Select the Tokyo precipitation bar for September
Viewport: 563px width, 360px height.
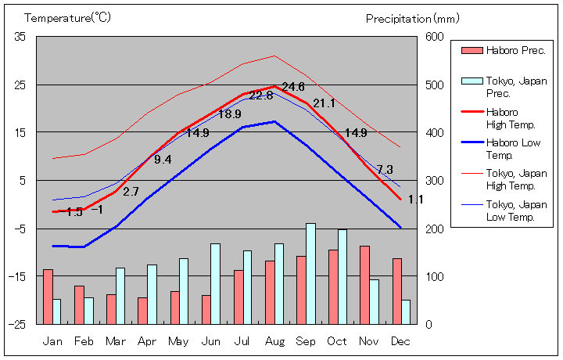tap(310, 273)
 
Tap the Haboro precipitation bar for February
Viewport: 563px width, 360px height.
tap(79, 304)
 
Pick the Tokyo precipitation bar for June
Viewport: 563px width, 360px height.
tap(215, 283)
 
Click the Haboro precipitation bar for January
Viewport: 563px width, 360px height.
tap(48, 296)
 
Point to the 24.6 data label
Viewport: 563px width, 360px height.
tap(293, 87)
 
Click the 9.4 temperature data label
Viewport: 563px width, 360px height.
tap(163, 160)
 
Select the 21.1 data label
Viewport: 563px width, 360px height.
tap(324, 103)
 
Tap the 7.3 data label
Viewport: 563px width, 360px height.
tap(385, 170)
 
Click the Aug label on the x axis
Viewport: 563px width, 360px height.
tap(274, 341)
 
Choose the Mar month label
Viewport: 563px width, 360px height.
tap(116, 341)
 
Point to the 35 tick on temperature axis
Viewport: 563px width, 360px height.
tap(20, 37)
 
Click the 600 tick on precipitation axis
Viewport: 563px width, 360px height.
tap(435, 37)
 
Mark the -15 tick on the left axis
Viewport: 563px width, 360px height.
tap(18, 276)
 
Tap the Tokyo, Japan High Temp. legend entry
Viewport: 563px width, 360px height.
tap(516, 179)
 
